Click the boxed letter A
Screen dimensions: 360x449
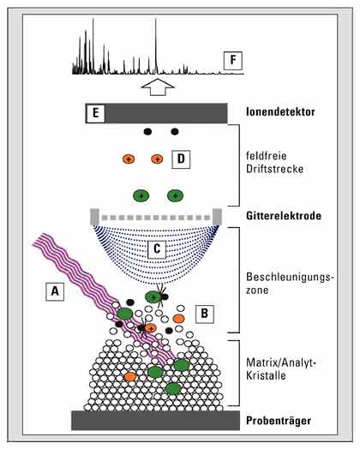55,291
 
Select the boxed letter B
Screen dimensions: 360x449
205,314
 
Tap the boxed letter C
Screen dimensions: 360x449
157,248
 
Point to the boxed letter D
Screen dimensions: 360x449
181,159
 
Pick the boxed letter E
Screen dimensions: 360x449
96,113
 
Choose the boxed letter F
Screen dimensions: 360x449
233,61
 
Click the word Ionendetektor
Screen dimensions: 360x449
280,111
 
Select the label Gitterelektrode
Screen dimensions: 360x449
284,216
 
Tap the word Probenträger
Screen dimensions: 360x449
279,421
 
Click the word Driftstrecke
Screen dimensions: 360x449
274,169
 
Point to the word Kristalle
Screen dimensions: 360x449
266,375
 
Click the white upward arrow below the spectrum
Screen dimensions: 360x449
158,87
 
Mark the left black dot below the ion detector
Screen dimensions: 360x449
147,132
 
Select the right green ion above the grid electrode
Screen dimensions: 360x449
175,196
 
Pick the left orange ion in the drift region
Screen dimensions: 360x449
129,159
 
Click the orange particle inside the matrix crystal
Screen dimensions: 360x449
130,376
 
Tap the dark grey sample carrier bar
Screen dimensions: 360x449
155,421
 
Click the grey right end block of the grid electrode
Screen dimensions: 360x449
217,217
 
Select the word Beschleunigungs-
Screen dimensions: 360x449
290,278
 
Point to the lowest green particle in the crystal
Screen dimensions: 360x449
173,389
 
